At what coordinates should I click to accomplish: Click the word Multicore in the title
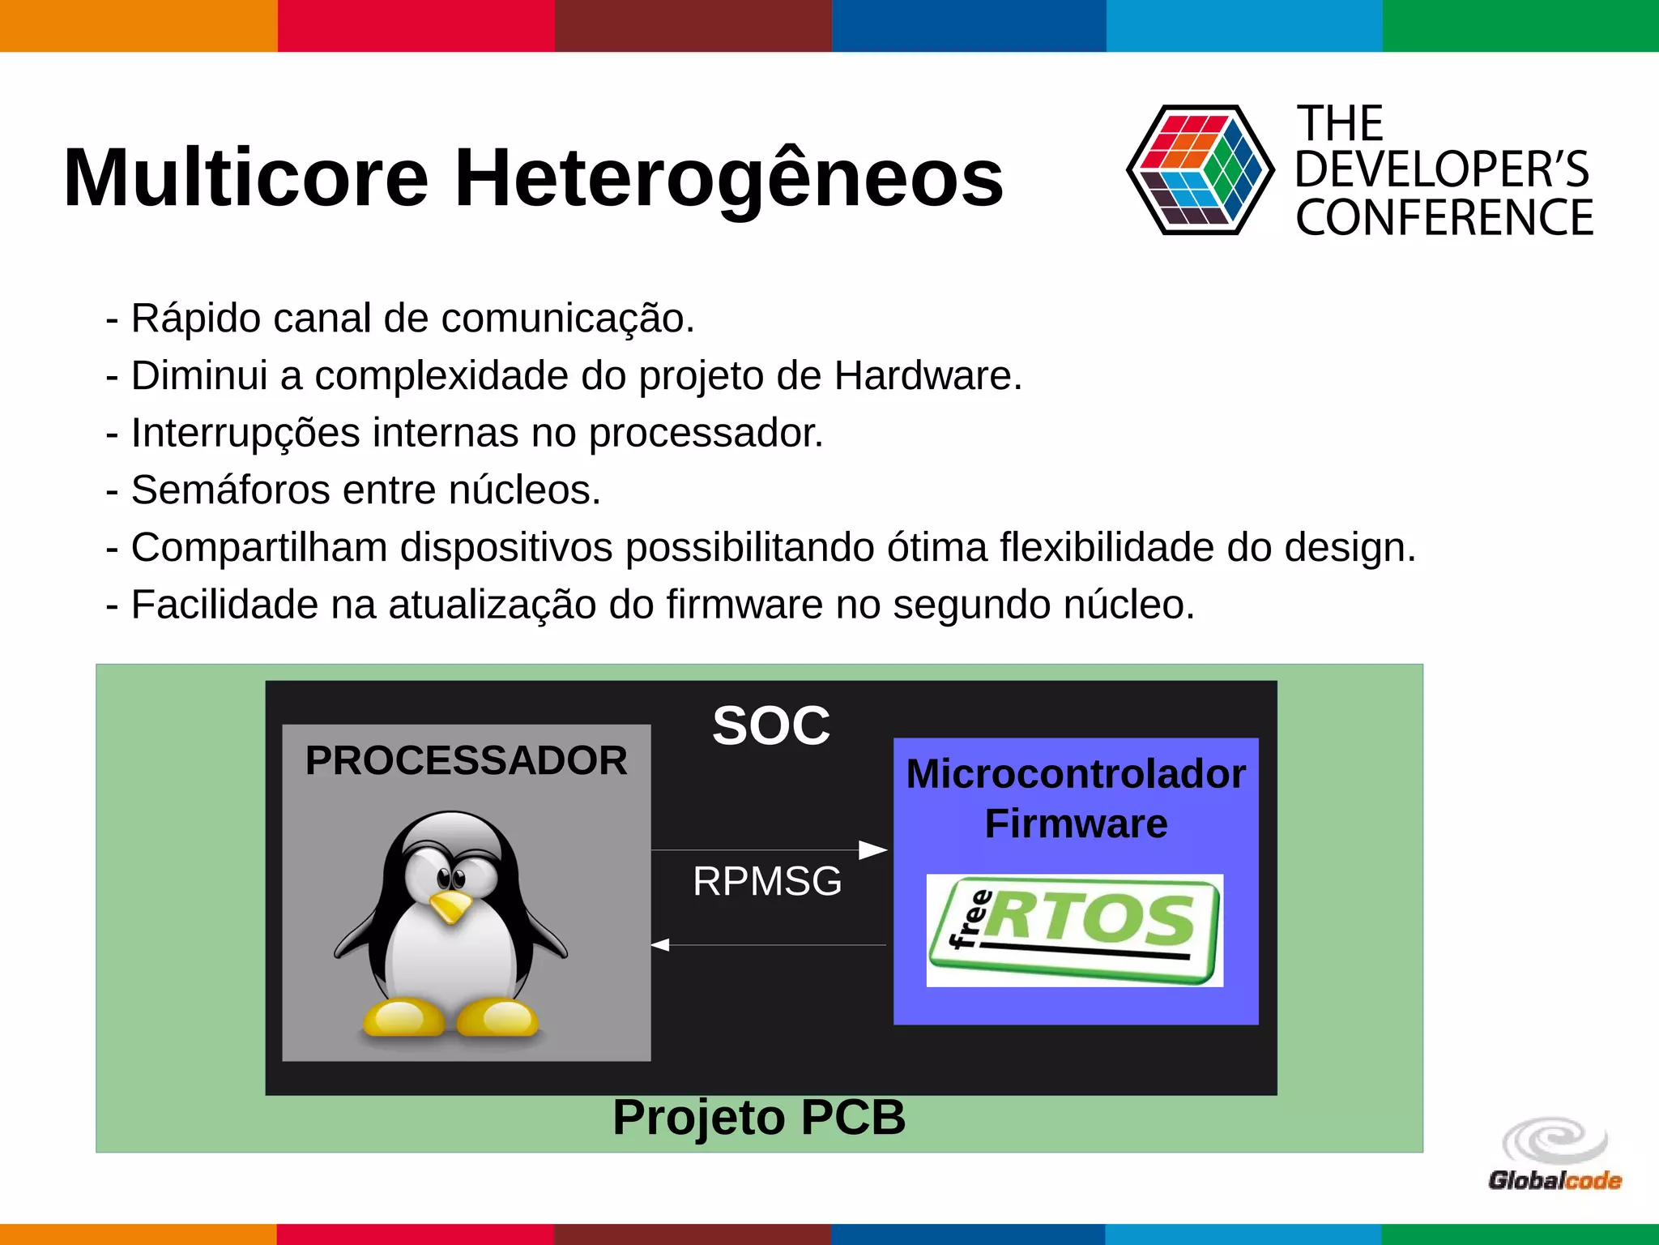click(246, 178)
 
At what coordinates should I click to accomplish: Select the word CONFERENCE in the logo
click(1444, 218)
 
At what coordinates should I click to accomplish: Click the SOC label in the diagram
click(771, 725)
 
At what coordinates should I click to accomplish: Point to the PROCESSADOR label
click(466, 760)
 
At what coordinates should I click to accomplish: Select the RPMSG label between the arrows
click(767, 881)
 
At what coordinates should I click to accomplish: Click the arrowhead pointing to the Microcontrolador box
click(873, 849)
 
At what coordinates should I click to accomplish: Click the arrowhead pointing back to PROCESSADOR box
click(661, 945)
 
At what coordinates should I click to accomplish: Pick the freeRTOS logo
click(1075, 930)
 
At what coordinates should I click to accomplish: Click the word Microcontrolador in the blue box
click(1076, 773)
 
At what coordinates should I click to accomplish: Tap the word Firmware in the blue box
click(1076, 824)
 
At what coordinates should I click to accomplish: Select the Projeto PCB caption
click(759, 1117)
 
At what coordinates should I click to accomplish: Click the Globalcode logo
click(1555, 1155)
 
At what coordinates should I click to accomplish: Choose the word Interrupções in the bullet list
click(245, 433)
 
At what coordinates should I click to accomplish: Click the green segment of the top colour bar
click(1520, 25)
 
